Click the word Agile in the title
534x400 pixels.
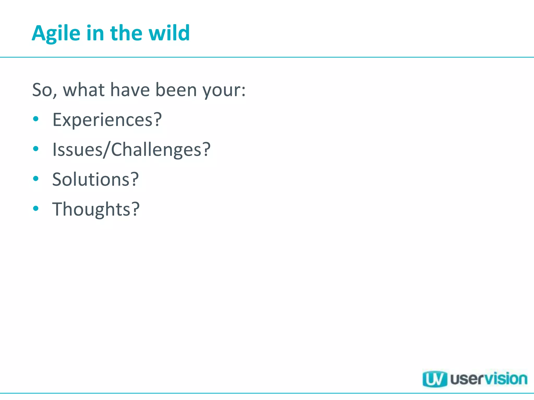pos(56,33)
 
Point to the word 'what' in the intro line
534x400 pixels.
pos(84,90)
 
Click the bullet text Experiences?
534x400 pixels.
pos(107,120)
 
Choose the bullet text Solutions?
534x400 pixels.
pos(95,179)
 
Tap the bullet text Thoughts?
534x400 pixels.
pos(96,209)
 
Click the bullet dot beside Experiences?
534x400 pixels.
pos(36,119)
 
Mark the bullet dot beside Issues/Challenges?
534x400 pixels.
pos(36,149)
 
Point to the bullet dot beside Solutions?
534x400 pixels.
pos(36,179)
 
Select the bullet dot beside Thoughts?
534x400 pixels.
pos(36,208)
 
